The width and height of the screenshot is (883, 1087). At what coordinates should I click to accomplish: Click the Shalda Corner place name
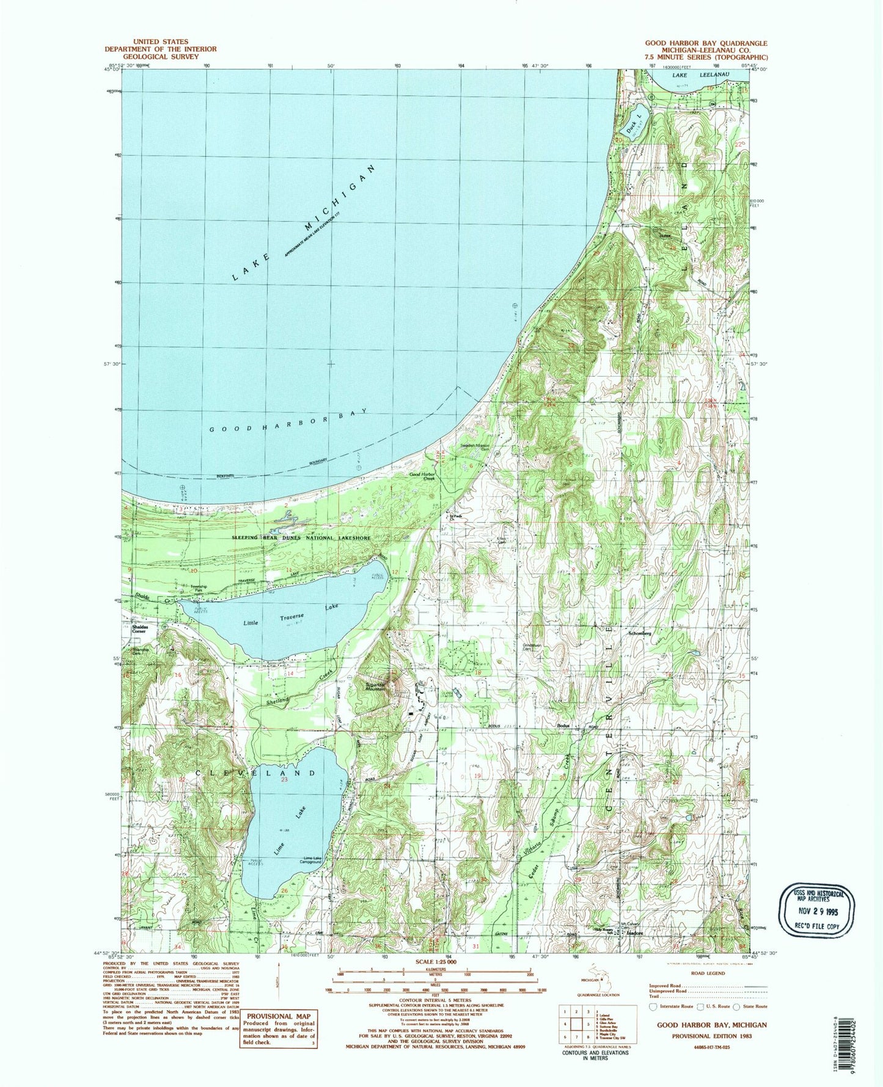(x=137, y=629)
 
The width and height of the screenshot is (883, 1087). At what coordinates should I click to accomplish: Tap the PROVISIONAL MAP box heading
(x=279, y=1016)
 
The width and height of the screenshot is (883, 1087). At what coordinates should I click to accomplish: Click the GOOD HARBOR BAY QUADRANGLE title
(x=706, y=43)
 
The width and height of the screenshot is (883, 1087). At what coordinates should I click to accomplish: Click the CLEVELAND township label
(x=257, y=773)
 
